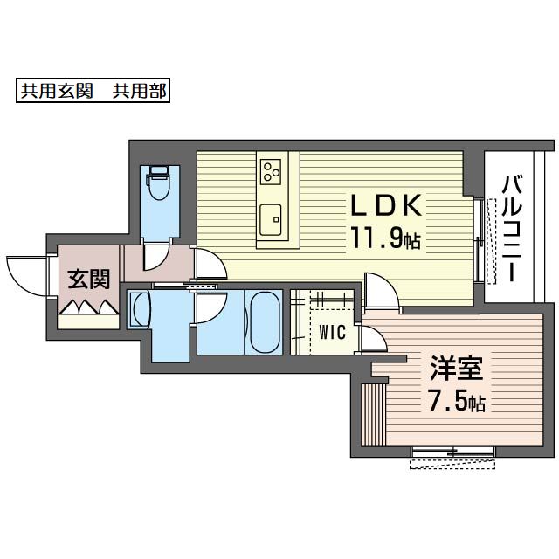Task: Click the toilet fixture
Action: click(x=158, y=183)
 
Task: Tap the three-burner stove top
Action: click(x=271, y=172)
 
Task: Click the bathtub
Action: click(x=265, y=322)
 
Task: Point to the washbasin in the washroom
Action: click(x=140, y=309)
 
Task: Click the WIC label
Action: click(x=332, y=332)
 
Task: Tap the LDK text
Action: click(x=386, y=205)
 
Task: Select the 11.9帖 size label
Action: click(x=386, y=238)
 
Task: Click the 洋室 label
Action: click(x=457, y=368)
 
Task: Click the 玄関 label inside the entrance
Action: click(x=89, y=279)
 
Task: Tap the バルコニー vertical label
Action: click(x=512, y=229)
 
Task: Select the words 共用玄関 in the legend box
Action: click(x=57, y=91)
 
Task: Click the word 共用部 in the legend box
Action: click(x=140, y=91)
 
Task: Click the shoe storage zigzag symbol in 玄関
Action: click(x=89, y=307)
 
